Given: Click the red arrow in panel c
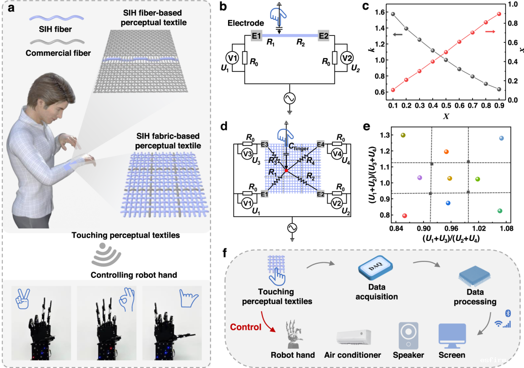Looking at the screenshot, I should [x=490, y=32].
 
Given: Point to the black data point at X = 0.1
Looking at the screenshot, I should [x=393, y=15].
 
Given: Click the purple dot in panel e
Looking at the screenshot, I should [x=420, y=178].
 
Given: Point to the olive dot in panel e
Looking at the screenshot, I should [x=403, y=135].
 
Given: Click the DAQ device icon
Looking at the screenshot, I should [x=376, y=268].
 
